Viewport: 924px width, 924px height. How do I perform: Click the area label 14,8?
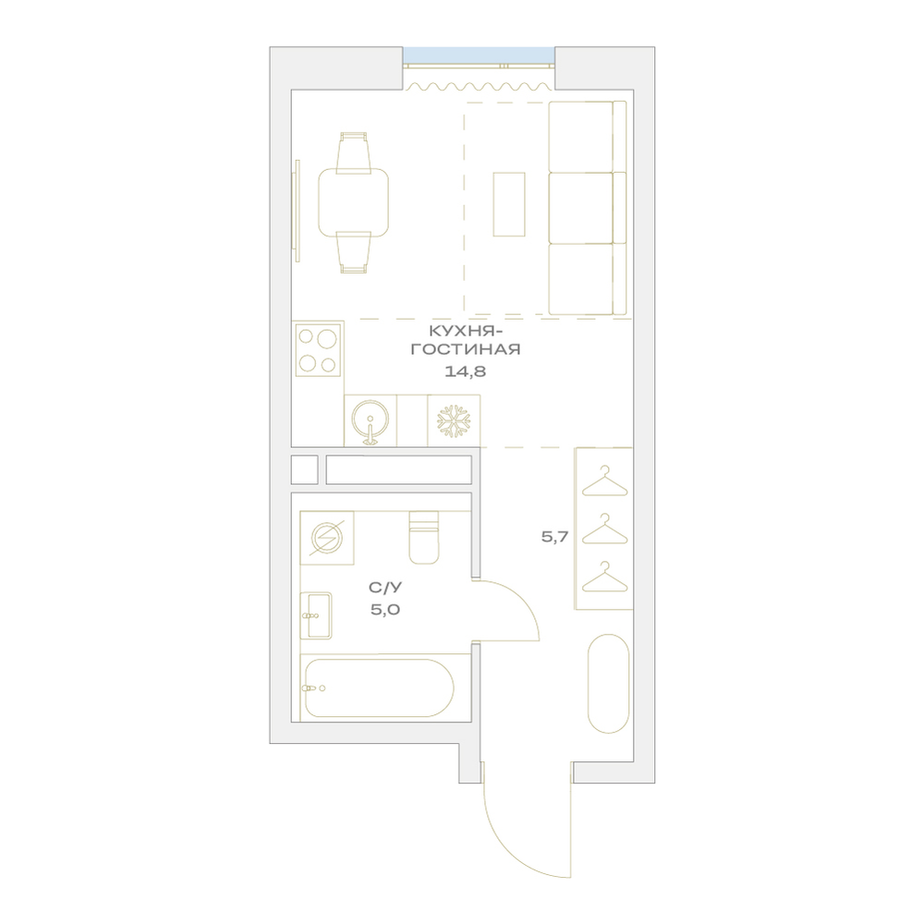click(465, 371)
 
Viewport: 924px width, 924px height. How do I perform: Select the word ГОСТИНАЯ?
click(465, 349)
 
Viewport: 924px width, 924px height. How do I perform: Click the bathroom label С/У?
click(385, 588)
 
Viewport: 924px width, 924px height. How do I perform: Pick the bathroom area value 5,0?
click(385, 609)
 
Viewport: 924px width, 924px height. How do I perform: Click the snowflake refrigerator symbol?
click(454, 420)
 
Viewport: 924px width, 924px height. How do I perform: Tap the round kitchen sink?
click(371, 420)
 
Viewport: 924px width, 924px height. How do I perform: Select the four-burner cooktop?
click(318, 350)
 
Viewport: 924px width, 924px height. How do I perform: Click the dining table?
click(354, 202)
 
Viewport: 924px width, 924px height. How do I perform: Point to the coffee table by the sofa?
click(508, 204)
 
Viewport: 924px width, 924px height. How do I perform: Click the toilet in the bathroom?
click(424, 537)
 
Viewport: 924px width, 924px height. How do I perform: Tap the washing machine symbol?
click(326, 538)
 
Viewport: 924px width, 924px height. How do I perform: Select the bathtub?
click(377, 687)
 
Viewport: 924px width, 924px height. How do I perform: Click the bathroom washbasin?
click(316, 615)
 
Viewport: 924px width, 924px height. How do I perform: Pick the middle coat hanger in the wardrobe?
click(604, 529)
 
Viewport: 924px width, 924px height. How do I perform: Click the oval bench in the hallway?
click(609, 684)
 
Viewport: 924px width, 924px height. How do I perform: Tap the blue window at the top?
click(479, 55)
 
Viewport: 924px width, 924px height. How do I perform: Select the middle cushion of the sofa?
click(581, 207)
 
